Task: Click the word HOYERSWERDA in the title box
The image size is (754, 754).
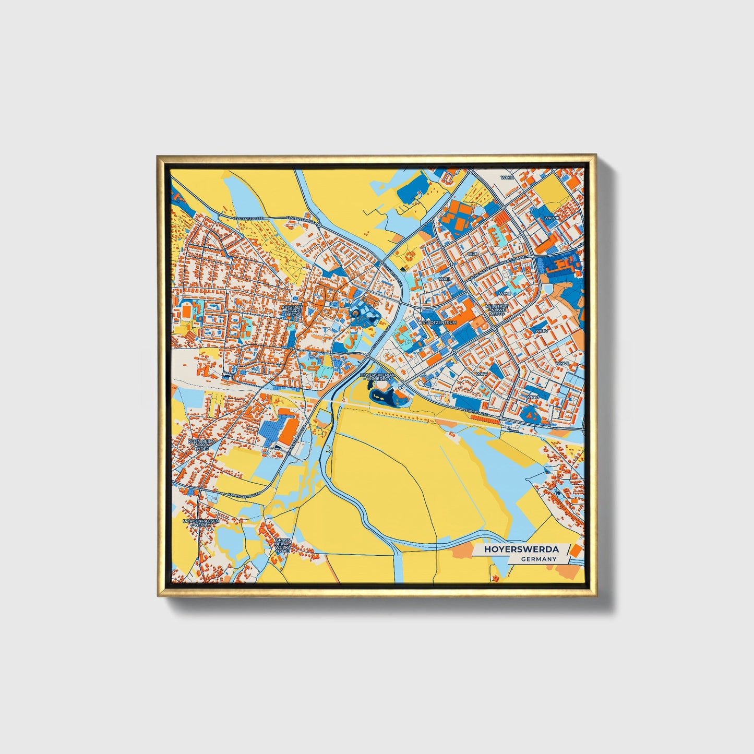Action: (x=521, y=549)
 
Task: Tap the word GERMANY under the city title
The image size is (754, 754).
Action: (x=538, y=559)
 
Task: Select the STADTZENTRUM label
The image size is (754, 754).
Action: (x=439, y=322)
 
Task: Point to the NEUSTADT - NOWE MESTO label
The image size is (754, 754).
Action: (x=496, y=310)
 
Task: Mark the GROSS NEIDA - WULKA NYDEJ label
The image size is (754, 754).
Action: (x=282, y=545)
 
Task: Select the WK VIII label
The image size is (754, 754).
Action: (x=551, y=218)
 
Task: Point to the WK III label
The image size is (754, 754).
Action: (x=505, y=294)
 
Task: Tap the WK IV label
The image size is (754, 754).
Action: (x=542, y=331)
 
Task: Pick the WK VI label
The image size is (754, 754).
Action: (x=532, y=397)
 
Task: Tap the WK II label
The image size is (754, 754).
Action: (x=444, y=279)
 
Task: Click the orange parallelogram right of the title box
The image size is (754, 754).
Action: (x=574, y=551)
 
